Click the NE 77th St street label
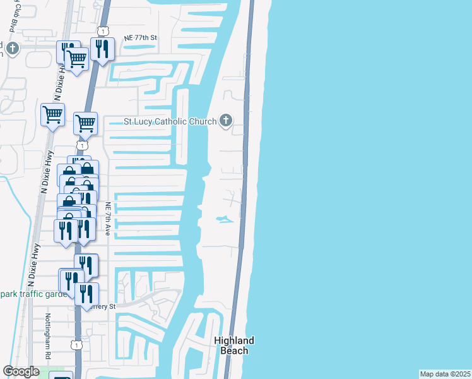coord(141,38)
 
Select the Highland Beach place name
coord(234,345)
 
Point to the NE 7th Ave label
coord(108,219)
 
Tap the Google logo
coord(21,371)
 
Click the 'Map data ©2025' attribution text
coord(445,374)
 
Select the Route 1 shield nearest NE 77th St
coord(102,31)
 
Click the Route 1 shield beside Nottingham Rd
coord(76,344)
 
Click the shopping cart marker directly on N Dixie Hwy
coord(52,114)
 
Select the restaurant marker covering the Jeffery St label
coord(86,293)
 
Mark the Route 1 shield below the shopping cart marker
coord(81,145)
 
